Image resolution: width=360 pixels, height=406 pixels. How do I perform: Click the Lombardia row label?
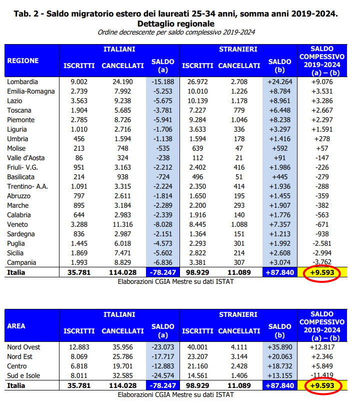pos(22,82)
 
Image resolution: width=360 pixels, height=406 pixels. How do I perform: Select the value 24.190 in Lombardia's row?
pos(122,82)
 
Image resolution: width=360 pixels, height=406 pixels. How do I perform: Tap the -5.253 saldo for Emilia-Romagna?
pos(162,92)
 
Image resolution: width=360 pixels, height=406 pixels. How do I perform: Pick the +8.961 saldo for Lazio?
pos(280,101)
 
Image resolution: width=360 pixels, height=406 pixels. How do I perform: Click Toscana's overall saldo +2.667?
pos(322,110)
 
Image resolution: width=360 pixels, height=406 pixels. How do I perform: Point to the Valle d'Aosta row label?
pos(26,158)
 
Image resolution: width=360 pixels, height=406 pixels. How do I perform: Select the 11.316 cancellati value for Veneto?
pos(122,224)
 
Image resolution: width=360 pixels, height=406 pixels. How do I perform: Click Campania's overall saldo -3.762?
pos(322,262)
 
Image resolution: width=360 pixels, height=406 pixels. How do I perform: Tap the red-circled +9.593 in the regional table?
pos(322,273)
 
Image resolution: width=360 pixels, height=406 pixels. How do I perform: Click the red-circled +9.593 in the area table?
pos(322,386)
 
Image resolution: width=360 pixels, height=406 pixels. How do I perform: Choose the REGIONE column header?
pos(23,61)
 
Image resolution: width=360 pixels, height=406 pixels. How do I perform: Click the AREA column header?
pos(16,326)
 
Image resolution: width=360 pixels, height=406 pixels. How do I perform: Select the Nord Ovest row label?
pos(23,347)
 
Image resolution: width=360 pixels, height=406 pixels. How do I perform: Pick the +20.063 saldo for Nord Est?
pos(280,357)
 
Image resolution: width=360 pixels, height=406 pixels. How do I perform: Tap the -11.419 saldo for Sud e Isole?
pos(322,375)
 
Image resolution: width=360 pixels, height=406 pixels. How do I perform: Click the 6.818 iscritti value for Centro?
pos(79,366)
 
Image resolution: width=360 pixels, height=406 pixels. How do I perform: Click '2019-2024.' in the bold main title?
pos(314,14)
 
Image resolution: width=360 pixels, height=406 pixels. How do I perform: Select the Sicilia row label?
pos(15,253)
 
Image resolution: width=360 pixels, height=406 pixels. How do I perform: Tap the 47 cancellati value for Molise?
pos(239,148)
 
